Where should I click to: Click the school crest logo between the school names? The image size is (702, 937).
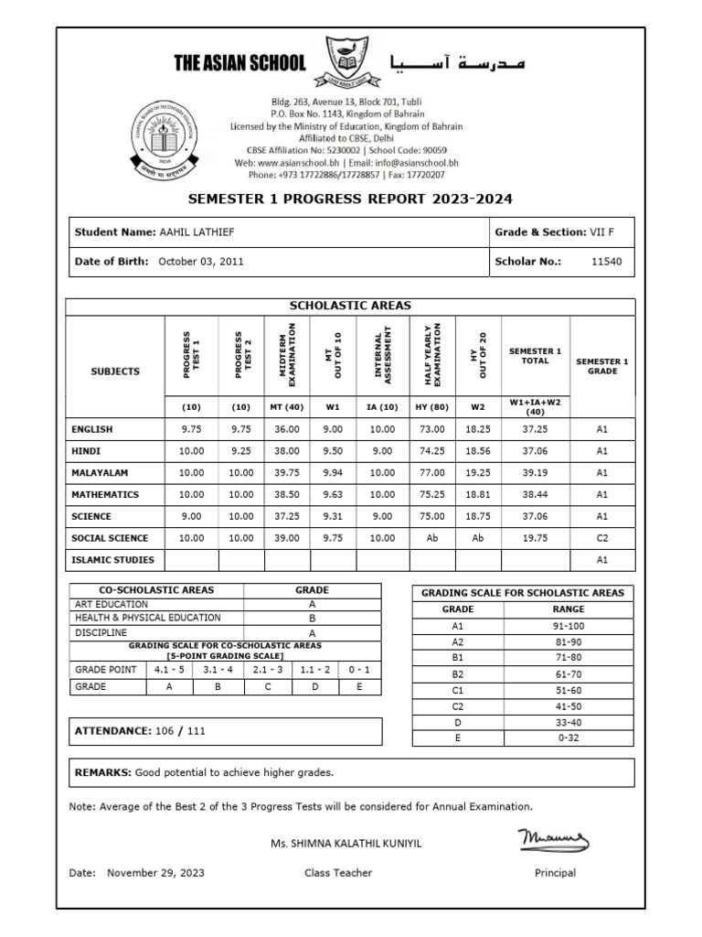pyautogui.click(x=347, y=61)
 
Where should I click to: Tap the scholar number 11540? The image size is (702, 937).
pyautogui.click(x=606, y=261)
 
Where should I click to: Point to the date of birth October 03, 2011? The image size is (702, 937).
pyautogui.click(x=198, y=261)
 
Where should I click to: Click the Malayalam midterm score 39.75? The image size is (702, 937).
pyautogui.click(x=288, y=472)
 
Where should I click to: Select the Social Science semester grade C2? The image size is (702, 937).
pyautogui.click(x=601, y=538)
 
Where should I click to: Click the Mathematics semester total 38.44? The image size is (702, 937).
pyautogui.click(x=535, y=494)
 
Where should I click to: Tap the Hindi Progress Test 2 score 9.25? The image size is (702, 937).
pyautogui.click(x=241, y=450)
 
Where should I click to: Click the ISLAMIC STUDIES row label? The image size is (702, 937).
pyautogui.click(x=112, y=560)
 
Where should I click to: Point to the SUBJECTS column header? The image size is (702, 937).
pyautogui.click(x=115, y=372)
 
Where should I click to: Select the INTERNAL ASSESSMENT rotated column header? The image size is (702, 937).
pyautogui.click(x=382, y=355)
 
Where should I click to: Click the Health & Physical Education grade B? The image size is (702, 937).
pyautogui.click(x=313, y=618)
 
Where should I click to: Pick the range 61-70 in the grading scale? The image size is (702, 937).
pyautogui.click(x=562, y=673)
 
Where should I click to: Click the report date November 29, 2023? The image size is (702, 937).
pyautogui.click(x=155, y=873)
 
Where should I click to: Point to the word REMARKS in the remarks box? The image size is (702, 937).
pyautogui.click(x=102, y=772)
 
